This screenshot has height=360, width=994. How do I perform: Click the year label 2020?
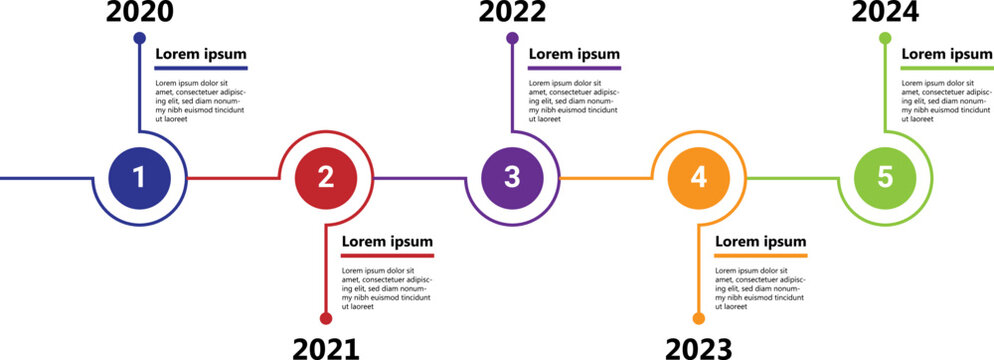pyautogui.click(x=139, y=12)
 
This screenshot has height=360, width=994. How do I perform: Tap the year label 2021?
pyautogui.click(x=326, y=348)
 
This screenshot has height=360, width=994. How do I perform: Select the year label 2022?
pyautogui.click(x=512, y=12)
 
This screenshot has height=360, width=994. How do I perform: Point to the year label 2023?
pyautogui.click(x=699, y=348)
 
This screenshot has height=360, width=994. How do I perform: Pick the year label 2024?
pyautogui.click(x=885, y=12)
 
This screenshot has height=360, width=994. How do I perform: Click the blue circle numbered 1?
pyautogui.click(x=139, y=177)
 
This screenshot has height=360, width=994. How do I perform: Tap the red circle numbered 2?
pyautogui.click(x=326, y=177)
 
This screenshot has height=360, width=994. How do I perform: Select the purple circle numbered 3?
pyautogui.click(x=512, y=177)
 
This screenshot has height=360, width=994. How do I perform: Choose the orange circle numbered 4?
pyautogui.click(x=699, y=177)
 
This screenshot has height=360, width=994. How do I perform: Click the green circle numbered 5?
pyautogui.click(x=885, y=177)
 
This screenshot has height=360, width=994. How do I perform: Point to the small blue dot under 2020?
pyautogui.click(x=139, y=38)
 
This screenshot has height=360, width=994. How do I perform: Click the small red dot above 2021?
pyautogui.click(x=326, y=318)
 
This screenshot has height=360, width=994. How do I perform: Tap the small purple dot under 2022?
pyautogui.click(x=512, y=38)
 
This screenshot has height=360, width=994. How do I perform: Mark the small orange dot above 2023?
pyautogui.click(x=699, y=318)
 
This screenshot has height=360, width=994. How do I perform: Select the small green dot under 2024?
pyautogui.click(x=885, y=38)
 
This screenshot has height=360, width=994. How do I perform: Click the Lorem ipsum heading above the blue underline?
pyautogui.click(x=201, y=54)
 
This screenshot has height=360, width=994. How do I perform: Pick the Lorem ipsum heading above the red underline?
pyautogui.click(x=387, y=241)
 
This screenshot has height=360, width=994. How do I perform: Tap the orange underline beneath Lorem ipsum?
pyautogui.click(x=760, y=256)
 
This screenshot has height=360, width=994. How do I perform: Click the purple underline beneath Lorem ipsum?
pyautogui.click(x=574, y=68)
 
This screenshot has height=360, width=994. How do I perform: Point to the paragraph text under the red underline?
pyautogui.click(x=386, y=288)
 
